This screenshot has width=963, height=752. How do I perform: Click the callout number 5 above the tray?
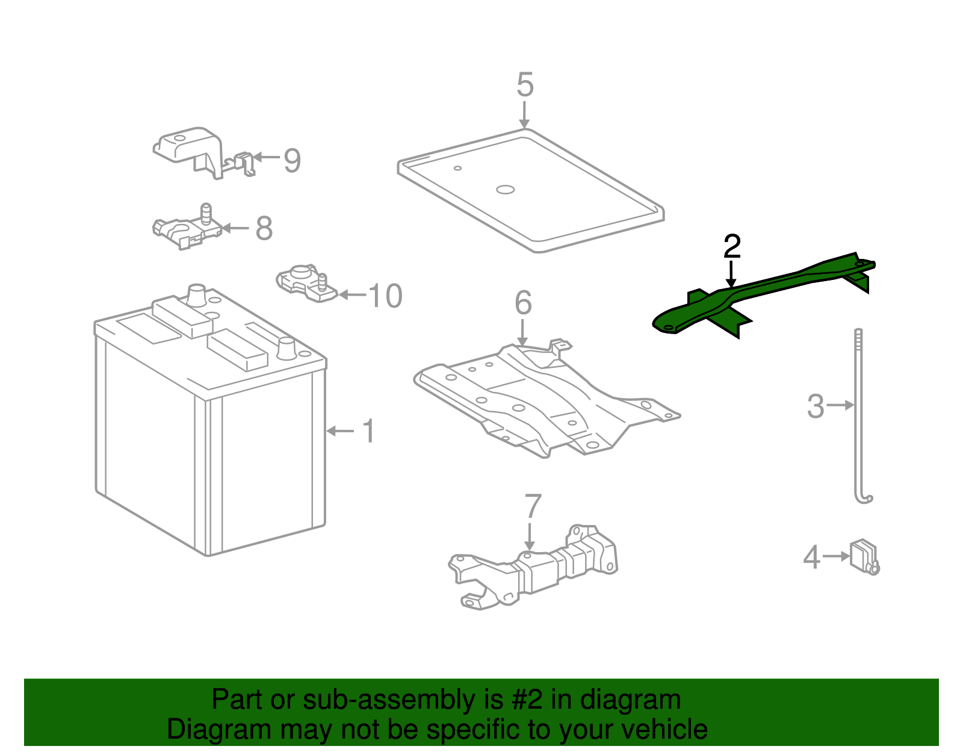tap(525, 85)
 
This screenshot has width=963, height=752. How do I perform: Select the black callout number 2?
tap(732, 246)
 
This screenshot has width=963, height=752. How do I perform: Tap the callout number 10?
tap(385, 296)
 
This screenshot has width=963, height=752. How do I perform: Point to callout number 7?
tap(533, 506)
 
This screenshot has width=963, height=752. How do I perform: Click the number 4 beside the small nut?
tap(811, 557)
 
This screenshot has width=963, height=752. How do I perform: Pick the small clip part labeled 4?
tap(863, 556)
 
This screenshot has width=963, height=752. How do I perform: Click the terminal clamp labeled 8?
tap(187, 229)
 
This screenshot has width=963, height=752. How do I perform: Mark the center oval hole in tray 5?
tap(505, 190)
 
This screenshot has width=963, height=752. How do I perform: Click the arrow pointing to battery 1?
tap(340, 431)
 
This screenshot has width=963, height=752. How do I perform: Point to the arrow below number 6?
tap(522, 332)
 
